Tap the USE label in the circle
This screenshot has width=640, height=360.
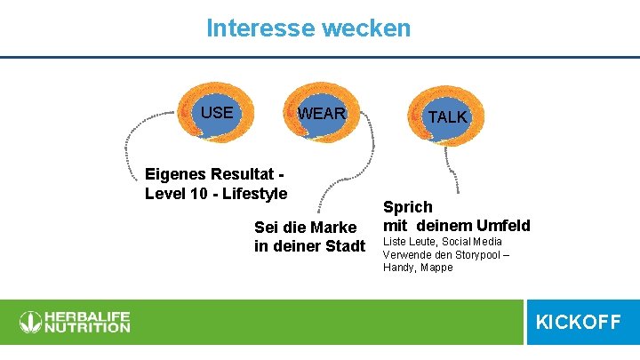[217, 113]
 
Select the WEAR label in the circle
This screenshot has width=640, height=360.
[321, 115]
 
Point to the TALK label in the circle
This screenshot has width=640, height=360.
[446, 117]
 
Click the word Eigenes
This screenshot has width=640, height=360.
[174, 175]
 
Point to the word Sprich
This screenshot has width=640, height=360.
[408, 207]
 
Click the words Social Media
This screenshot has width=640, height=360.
[470, 242]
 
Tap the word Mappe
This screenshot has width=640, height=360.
[436, 268]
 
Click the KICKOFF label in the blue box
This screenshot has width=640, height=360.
[578, 322]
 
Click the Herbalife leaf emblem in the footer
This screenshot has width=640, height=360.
[30, 322]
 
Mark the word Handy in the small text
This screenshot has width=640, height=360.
[396, 268]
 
